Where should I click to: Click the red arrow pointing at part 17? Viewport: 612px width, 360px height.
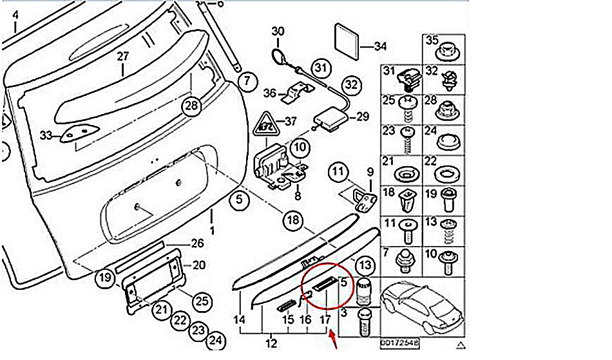point(334,339)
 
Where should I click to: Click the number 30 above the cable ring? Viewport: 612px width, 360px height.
point(278,31)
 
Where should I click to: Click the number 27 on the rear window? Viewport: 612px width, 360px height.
point(123,56)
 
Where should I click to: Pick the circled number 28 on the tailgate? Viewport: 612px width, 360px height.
point(191,106)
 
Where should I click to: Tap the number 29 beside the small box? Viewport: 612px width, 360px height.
point(363,117)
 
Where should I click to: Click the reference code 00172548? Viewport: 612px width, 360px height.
point(399,343)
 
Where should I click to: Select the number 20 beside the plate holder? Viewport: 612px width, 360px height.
point(198,265)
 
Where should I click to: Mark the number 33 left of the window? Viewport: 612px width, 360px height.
point(44,135)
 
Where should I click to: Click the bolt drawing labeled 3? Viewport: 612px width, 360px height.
point(365,322)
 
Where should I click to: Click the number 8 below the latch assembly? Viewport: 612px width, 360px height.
point(297,195)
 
